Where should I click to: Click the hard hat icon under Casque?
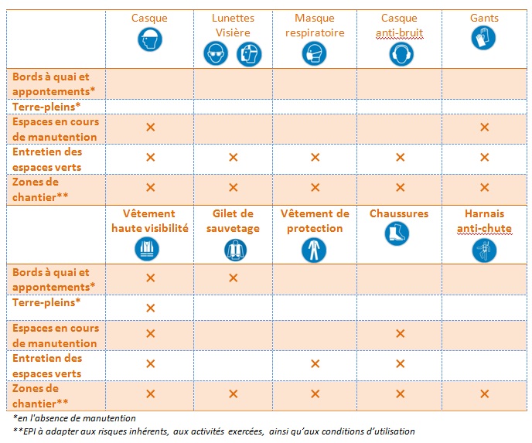(x=150, y=39)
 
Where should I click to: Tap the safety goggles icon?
(x=216, y=53)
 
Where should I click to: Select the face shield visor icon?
(x=249, y=54)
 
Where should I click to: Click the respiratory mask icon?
(x=314, y=53)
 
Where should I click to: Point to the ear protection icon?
(x=401, y=54)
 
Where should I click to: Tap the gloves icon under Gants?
(x=483, y=38)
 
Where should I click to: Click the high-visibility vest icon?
(x=147, y=249)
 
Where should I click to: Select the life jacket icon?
(x=235, y=250)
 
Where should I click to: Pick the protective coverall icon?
(x=314, y=250)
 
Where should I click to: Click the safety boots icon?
(x=397, y=233)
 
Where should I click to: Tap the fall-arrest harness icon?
(x=484, y=250)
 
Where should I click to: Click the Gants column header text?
(x=484, y=18)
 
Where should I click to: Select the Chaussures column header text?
(x=399, y=213)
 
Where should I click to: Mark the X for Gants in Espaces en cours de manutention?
(x=485, y=128)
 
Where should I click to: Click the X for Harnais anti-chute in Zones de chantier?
(x=485, y=394)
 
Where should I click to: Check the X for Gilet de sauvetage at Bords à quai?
(x=233, y=278)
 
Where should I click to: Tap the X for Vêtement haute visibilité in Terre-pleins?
(x=150, y=308)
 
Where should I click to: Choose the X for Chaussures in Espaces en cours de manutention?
(x=401, y=333)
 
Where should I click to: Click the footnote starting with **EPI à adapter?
(x=213, y=431)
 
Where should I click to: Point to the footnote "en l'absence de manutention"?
(x=74, y=418)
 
